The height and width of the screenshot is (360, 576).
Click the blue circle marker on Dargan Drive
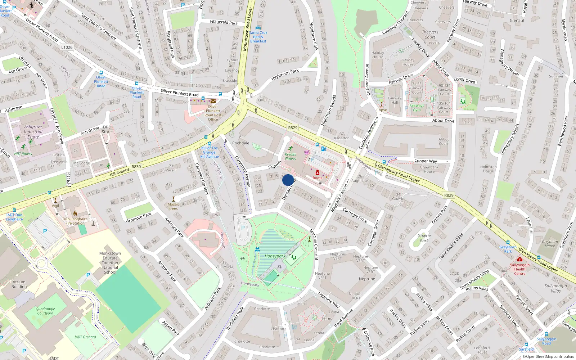point(288,180)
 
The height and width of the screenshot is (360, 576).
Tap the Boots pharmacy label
point(318,178)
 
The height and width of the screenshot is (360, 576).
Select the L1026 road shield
point(67,47)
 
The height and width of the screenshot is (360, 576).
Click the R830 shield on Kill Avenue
point(136,167)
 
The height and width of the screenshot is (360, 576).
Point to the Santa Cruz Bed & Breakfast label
point(258,37)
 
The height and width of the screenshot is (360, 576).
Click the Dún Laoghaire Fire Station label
point(75,221)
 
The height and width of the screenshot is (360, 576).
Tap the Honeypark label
point(275,256)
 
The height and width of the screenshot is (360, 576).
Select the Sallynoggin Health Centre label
point(519,269)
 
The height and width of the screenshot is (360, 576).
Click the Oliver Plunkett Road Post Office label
point(213,113)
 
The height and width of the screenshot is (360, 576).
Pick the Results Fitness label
point(290,156)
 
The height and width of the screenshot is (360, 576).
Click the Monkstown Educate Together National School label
point(110,263)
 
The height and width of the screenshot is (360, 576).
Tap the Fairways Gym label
point(417,108)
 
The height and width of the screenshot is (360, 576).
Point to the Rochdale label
point(240,143)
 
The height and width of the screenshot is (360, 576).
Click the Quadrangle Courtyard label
point(45,311)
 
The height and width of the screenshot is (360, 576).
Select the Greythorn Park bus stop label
point(508,249)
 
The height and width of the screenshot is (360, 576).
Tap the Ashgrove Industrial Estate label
point(33,132)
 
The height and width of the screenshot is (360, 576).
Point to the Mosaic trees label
point(174,206)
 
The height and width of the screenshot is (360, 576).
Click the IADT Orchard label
point(85,337)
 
